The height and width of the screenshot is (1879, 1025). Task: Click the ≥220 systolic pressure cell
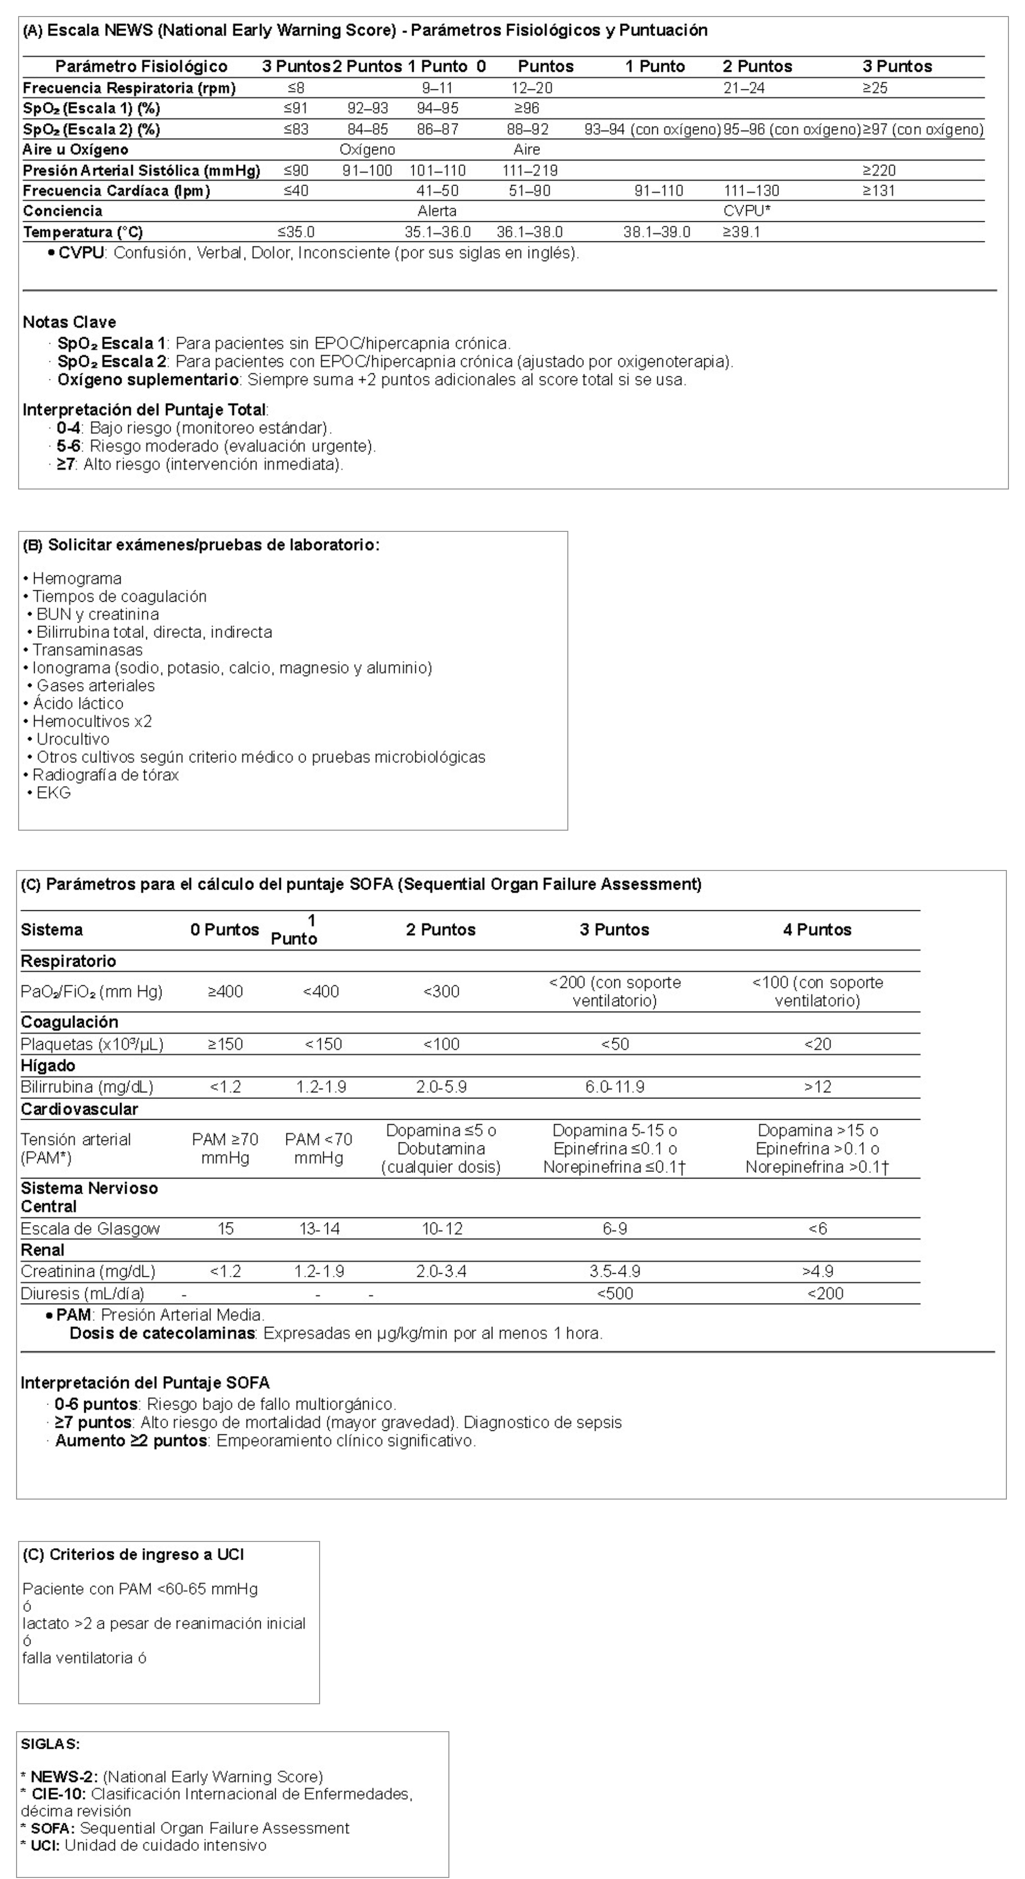point(878,171)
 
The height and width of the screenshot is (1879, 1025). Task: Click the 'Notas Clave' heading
point(69,323)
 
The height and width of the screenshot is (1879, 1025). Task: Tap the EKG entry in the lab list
point(53,793)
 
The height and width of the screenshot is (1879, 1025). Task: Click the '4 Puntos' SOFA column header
point(817,930)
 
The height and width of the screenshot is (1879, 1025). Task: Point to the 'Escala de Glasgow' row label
point(90,1229)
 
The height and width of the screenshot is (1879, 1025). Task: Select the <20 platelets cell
point(817,1045)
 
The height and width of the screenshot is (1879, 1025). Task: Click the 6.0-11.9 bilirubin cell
point(614,1087)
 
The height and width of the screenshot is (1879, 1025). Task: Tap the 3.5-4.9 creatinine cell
point(614,1272)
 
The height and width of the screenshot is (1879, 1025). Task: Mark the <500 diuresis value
point(614,1294)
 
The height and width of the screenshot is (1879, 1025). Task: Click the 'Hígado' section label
point(48,1066)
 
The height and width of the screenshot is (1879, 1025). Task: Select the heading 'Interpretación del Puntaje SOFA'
point(144,1383)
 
